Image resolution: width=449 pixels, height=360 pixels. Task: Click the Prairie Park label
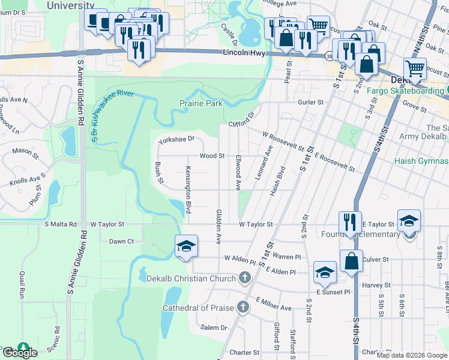201,103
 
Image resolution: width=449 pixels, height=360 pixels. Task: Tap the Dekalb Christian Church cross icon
244,278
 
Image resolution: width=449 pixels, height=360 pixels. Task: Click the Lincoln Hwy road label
244,53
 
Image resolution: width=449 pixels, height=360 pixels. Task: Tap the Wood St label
212,155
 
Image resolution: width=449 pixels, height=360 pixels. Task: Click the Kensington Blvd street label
188,190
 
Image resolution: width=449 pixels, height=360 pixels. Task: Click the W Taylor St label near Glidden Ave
256,224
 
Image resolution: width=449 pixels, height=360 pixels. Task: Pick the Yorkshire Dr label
176,139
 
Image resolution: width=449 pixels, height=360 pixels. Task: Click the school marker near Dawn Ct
186,246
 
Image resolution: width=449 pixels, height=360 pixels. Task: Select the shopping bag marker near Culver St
351,261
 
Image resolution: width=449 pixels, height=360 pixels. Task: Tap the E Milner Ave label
273,304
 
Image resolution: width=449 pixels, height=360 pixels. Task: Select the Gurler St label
312,102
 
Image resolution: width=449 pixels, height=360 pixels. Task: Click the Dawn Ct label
121,241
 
